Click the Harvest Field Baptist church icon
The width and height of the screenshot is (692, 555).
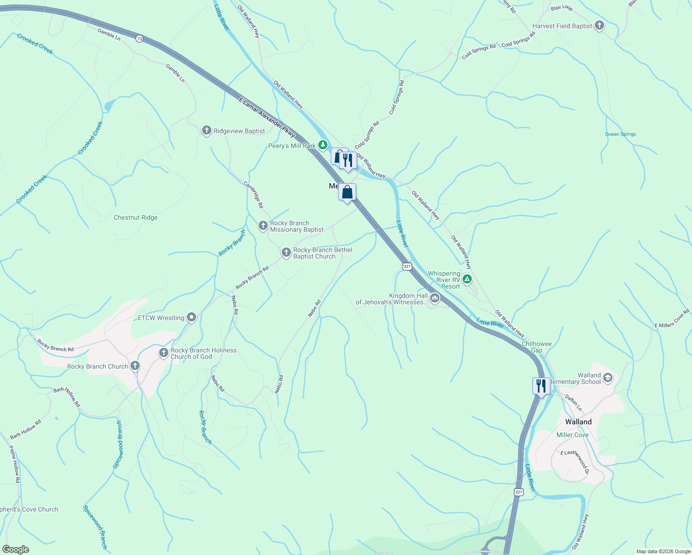599,26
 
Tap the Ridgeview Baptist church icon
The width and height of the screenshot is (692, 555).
207,131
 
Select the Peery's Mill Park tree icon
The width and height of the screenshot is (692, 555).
323,146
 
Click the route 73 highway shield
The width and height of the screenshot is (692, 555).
140,39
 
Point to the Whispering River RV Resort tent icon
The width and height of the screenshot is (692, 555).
468,279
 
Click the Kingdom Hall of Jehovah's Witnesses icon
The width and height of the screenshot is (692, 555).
434,298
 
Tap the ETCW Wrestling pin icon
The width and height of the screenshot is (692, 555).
192,317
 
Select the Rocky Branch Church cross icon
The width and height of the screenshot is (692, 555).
135,366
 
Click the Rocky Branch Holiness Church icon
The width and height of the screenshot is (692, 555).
163,353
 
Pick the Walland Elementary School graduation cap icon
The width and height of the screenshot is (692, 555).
608,378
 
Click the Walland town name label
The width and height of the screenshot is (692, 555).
578,422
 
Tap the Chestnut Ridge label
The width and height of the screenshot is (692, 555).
136,217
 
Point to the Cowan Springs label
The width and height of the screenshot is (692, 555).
620,134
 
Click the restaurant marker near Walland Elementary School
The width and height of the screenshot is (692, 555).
541,386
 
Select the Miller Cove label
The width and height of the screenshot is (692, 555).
572,435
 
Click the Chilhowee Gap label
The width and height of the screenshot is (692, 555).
537,347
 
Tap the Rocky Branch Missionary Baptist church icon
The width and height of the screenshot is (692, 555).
263,226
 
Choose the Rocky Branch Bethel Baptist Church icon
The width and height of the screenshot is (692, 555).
286,253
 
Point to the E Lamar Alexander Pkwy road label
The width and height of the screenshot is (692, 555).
267,117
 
